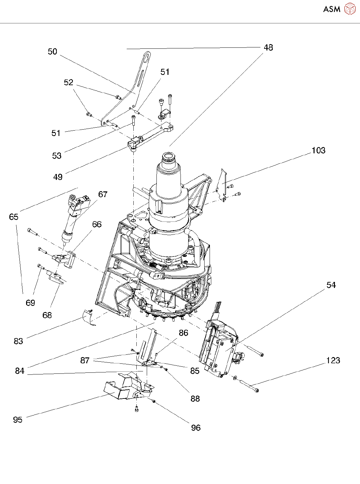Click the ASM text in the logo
tap(332, 9)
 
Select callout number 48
tap(268, 47)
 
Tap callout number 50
tap(52, 51)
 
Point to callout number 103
tap(318, 150)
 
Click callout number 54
tap(331, 285)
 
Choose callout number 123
tap(333, 360)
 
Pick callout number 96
tap(196, 428)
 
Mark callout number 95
tap(18, 420)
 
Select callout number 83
tap(18, 341)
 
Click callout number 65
tap(14, 217)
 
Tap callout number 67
tap(103, 194)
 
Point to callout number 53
tap(57, 156)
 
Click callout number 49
tap(58, 177)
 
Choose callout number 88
tap(195, 399)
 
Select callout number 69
tap(30, 303)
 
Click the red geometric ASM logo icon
tap(350, 9)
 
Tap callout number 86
tap(184, 333)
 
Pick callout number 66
tap(97, 224)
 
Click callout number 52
tap(69, 82)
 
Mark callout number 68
tap(47, 315)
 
